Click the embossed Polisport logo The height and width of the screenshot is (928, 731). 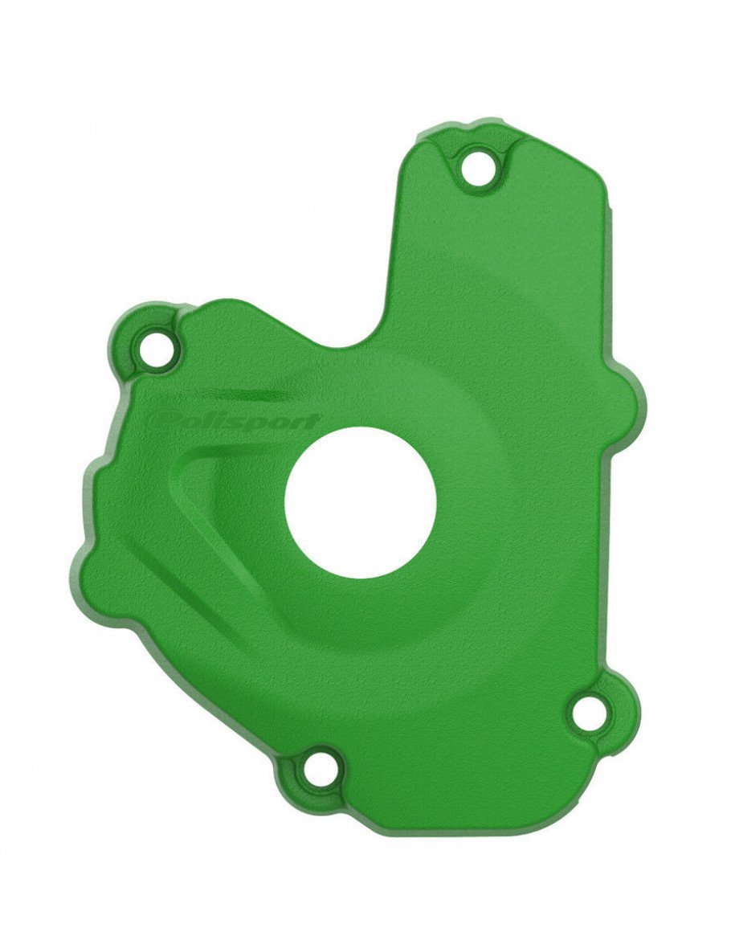coord(233,423)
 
